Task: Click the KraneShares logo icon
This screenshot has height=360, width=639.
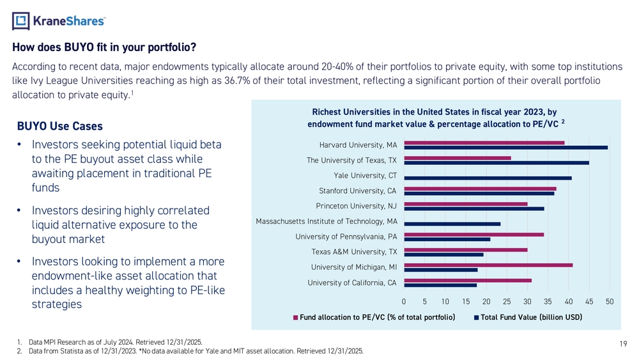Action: (21, 22)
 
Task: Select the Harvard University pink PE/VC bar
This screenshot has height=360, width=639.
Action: (484, 142)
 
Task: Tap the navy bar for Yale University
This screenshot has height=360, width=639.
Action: (488, 178)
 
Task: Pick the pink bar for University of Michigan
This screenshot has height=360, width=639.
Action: (488, 265)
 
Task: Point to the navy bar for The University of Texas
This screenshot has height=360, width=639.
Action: (497, 162)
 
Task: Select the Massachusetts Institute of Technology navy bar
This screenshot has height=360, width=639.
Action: (452, 224)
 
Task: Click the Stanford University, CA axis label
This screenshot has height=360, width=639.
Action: (358, 191)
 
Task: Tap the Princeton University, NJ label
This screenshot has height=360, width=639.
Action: (357, 206)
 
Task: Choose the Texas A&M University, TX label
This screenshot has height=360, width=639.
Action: (354, 251)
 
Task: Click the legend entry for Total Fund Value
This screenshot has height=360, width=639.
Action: (528, 318)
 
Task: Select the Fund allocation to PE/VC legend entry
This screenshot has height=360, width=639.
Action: (374, 318)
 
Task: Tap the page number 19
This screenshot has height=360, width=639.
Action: (623, 344)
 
